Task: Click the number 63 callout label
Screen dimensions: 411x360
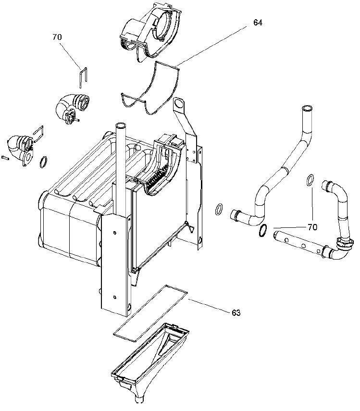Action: click(x=236, y=313)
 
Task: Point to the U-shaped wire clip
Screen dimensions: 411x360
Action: click(x=83, y=76)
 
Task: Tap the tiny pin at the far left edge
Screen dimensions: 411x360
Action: click(x=5, y=157)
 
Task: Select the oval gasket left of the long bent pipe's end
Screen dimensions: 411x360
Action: click(x=219, y=209)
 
